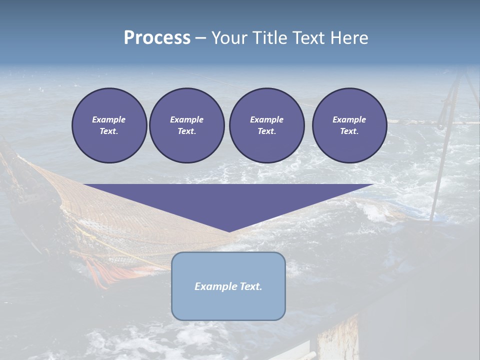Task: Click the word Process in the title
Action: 157,38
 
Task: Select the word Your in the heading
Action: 229,38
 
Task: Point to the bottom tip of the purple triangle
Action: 229,230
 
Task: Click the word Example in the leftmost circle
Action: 109,119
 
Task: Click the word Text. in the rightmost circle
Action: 349,131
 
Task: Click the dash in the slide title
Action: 200,38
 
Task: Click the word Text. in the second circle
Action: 186,131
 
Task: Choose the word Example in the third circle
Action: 266,119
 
